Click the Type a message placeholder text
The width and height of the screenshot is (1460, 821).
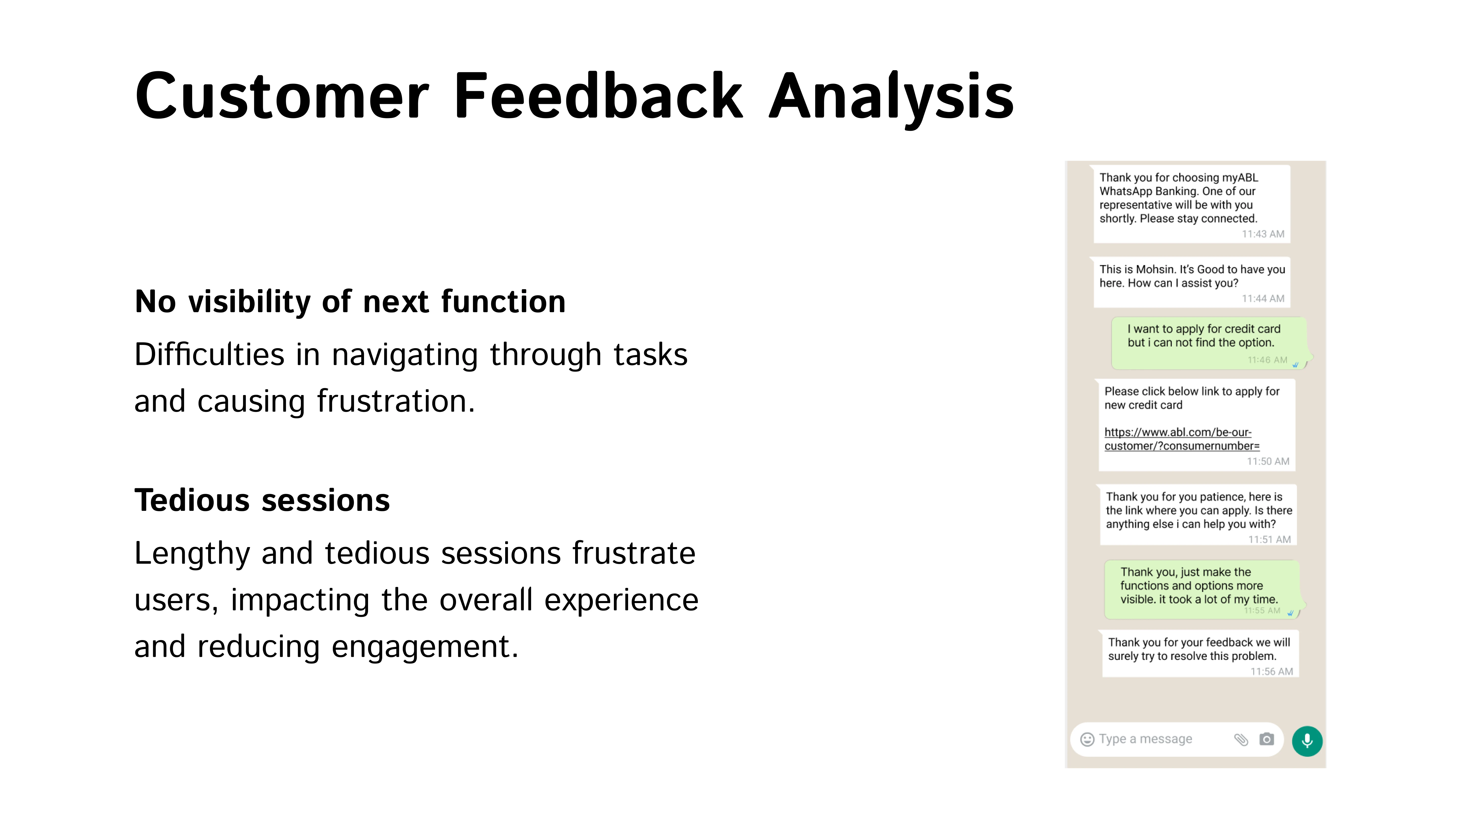click(x=1145, y=739)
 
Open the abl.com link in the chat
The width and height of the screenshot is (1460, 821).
click(x=1182, y=439)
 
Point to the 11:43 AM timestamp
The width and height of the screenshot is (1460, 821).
click(x=1263, y=234)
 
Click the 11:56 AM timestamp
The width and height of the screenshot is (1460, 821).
click(x=1272, y=671)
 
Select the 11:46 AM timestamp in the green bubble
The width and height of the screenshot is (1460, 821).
click(x=1267, y=360)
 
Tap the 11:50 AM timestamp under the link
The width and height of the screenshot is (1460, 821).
click(x=1268, y=461)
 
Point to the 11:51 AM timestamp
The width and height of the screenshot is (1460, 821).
click(x=1270, y=539)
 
